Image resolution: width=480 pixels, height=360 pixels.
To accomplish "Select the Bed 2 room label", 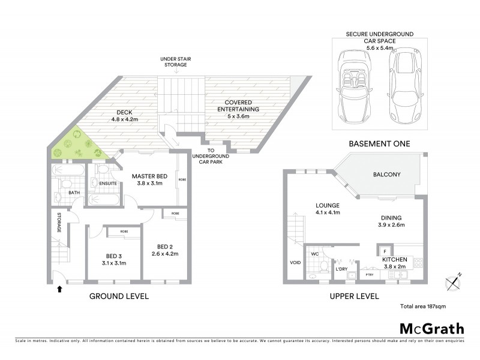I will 164,247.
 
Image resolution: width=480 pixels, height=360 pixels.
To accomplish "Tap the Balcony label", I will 387,175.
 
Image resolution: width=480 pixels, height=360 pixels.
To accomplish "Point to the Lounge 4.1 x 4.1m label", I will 328,208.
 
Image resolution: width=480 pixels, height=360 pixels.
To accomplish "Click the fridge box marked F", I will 384,250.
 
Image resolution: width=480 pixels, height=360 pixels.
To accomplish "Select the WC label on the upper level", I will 314,254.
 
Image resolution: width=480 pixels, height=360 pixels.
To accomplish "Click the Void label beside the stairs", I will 295,262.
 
